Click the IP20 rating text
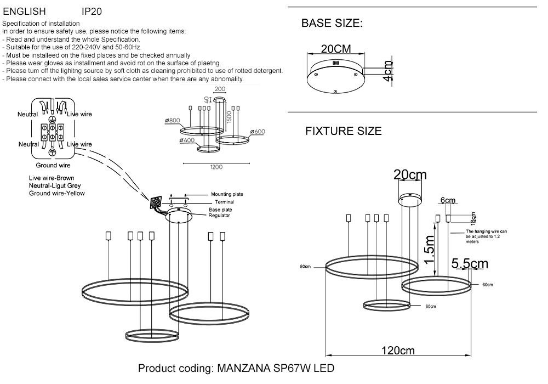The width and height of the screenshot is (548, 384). [x=92, y=11]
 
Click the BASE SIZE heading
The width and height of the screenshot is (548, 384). [x=332, y=24]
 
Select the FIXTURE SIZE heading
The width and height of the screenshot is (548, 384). [x=343, y=132]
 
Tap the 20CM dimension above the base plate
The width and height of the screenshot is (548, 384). [x=336, y=49]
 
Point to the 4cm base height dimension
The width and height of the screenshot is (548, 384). [x=387, y=71]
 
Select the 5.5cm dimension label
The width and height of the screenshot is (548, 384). [x=470, y=264]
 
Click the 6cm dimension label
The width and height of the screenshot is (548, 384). [x=448, y=200]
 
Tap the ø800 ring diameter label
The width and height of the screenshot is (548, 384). [x=173, y=121]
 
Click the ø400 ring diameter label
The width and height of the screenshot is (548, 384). [x=186, y=141]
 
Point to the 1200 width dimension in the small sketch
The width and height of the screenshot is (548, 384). [x=216, y=168]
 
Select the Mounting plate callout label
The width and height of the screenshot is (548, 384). [x=227, y=194]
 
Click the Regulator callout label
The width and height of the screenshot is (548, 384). [x=220, y=216]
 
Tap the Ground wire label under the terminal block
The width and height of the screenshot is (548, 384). [x=53, y=165]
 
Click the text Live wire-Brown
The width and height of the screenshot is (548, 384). [x=52, y=178]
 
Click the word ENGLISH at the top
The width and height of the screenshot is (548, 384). [x=24, y=11]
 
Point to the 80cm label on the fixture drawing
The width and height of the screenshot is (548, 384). [x=305, y=267]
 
